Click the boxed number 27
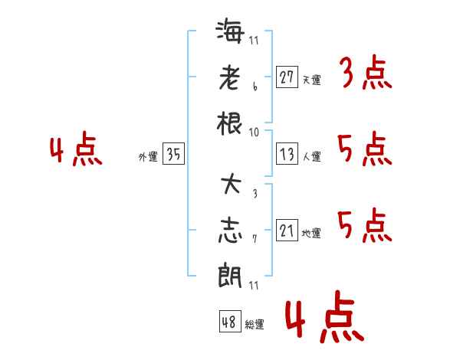287,77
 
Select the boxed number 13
287,155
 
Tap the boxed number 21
287,231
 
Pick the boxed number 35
174,155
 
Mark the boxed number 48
229,321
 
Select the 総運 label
255,324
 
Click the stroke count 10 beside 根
254,133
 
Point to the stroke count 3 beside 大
254,192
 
